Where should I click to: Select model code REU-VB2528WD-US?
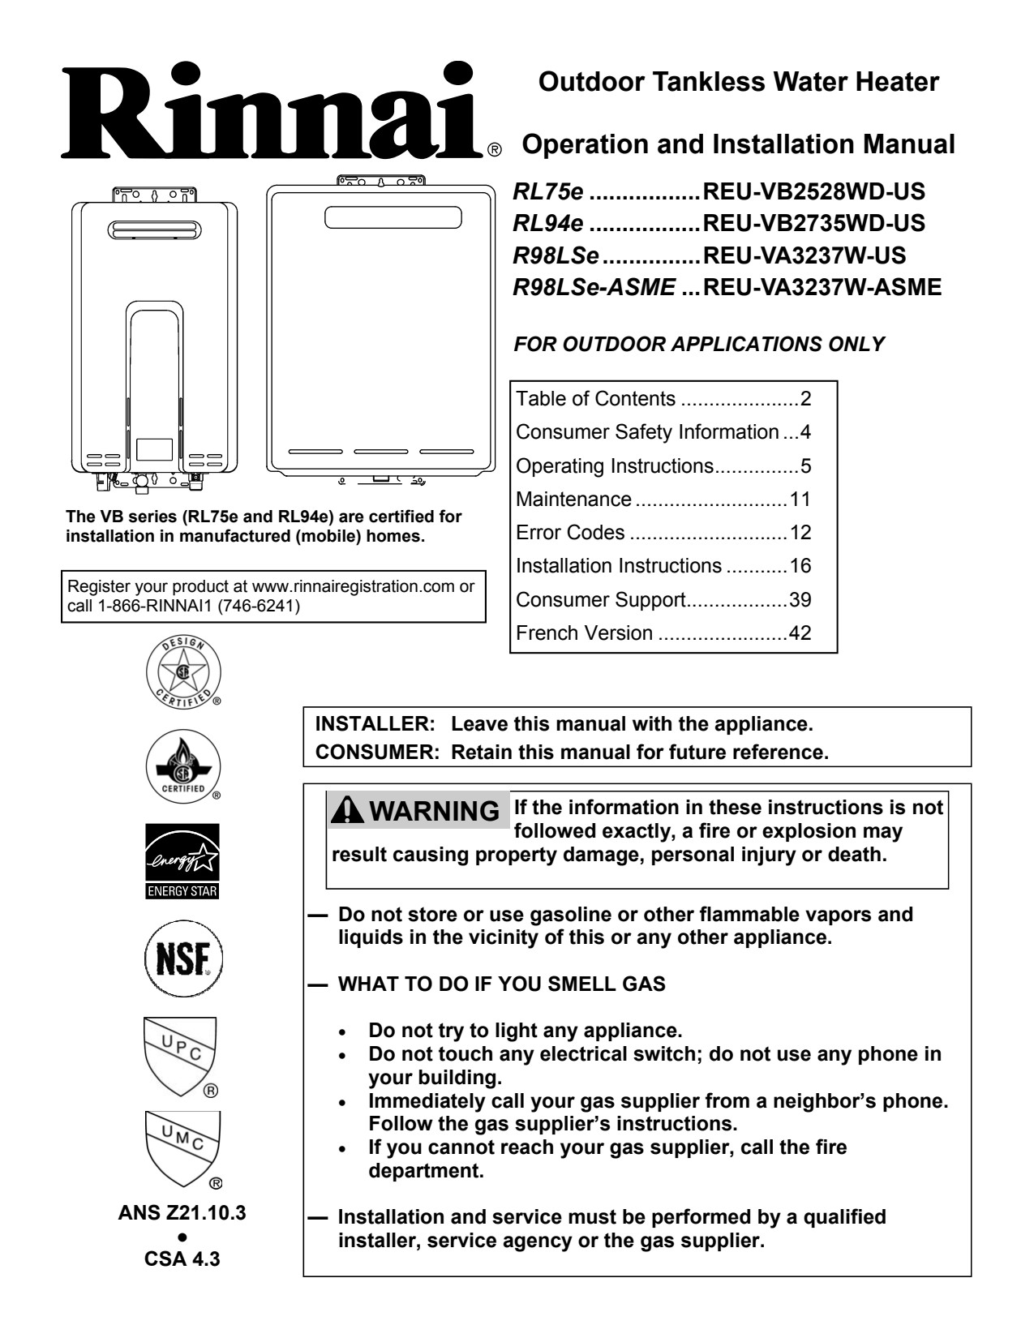point(814,192)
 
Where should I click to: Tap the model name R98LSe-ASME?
point(594,287)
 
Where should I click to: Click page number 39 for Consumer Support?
point(800,600)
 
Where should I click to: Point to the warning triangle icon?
point(342,810)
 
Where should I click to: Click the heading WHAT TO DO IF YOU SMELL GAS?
point(501,984)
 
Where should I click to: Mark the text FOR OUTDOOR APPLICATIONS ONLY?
point(699,344)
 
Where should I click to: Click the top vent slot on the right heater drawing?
point(393,217)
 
